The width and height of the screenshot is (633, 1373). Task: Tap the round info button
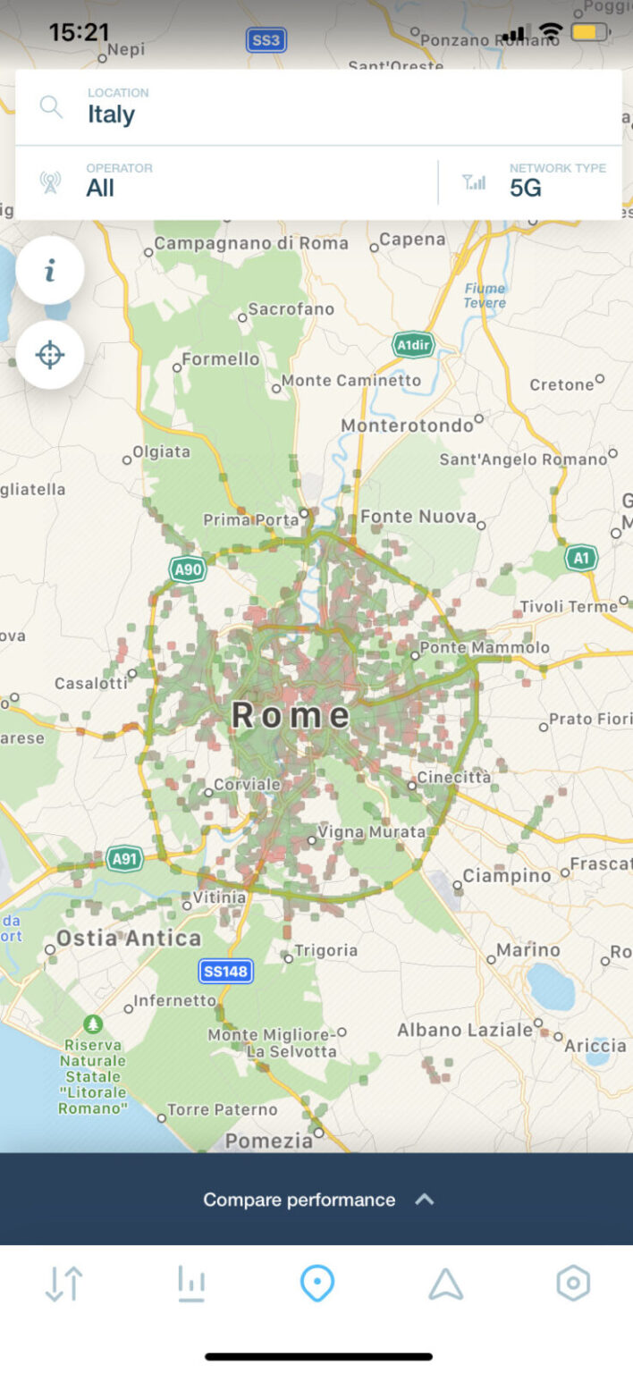click(50, 270)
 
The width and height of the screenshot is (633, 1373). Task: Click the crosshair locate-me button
click(50, 355)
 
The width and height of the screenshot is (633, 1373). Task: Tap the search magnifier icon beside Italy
click(52, 107)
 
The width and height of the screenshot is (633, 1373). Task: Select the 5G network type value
click(526, 189)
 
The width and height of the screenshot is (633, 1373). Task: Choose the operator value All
click(100, 189)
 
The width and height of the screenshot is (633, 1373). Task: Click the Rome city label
click(291, 715)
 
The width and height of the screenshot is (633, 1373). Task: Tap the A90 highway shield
click(187, 569)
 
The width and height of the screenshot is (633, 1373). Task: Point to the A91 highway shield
click(125, 859)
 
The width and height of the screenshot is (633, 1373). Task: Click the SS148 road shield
click(225, 971)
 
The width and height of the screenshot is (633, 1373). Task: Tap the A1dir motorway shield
click(414, 345)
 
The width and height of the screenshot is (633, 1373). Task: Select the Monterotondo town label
click(408, 425)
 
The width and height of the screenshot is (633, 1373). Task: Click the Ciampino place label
click(507, 876)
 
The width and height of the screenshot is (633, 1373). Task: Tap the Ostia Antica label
click(129, 938)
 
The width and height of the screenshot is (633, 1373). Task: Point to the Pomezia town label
click(269, 1141)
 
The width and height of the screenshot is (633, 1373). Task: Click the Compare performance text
click(299, 1200)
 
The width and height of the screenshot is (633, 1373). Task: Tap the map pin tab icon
click(317, 1284)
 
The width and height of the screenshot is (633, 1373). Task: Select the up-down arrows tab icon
click(63, 1284)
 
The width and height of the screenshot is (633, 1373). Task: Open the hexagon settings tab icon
click(573, 1284)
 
